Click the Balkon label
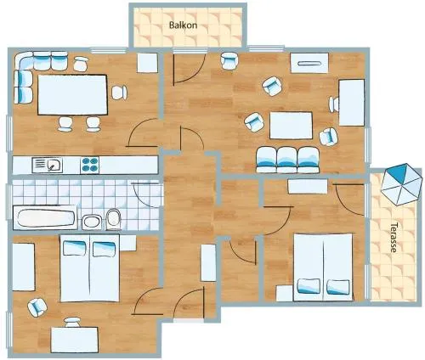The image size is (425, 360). pyautogui.click(x=183, y=25)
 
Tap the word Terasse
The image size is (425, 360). pyautogui.click(x=394, y=237)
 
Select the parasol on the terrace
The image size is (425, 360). pyautogui.click(x=401, y=184)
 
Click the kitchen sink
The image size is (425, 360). pyautogui.click(x=48, y=165)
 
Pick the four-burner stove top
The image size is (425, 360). pyautogui.click(x=90, y=165)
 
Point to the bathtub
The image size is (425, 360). pyautogui.click(x=45, y=218)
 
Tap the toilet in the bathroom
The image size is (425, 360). pyautogui.click(x=114, y=219)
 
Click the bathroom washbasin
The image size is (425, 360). pyautogui.click(x=92, y=222)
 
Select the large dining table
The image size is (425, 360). pyautogui.click(x=72, y=94)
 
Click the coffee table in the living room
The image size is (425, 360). pyautogui.click(x=291, y=126)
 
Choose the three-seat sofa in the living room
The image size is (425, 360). pyautogui.click(x=288, y=160)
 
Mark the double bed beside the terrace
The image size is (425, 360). pyautogui.click(x=323, y=267)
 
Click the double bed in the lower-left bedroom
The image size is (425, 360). pyautogui.click(x=90, y=268)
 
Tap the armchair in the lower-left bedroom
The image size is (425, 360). pyautogui.click(x=37, y=307)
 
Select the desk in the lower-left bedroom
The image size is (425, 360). pyautogui.click(x=75, y=340)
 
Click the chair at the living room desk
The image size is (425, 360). pyautogui.click(x=334, y=104)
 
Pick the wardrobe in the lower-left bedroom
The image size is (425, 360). pyautogui.click(x=24, y=267)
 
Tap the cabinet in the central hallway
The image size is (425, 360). pyautogui.click(x=208, y=262)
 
